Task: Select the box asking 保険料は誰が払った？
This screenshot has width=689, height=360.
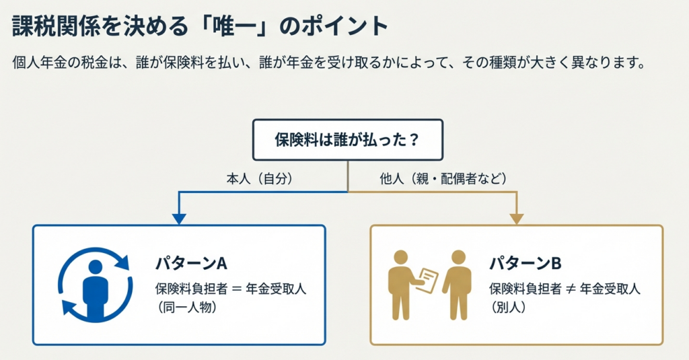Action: [347, 140]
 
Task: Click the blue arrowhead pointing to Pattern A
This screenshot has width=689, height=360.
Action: [178, 218]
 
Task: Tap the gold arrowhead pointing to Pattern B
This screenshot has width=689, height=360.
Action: [516, 218]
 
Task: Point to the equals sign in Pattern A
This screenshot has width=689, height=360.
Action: [235, 289]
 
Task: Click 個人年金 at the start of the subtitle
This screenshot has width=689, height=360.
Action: [37, 65]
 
